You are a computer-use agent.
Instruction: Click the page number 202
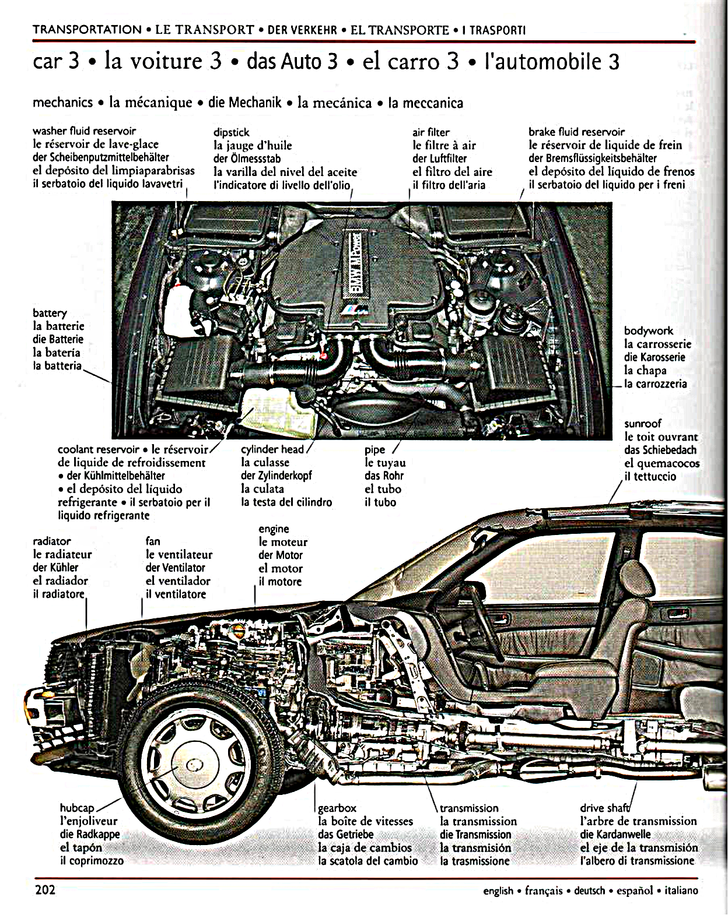tap(45, 890)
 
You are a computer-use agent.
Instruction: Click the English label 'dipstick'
tap(231, 132)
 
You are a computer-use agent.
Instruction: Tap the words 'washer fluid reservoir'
tap(84, 131)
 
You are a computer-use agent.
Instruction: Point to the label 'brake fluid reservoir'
tap(576, 132)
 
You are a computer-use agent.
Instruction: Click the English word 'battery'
tap(50, 313)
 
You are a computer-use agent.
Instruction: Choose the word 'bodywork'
tap(648, 330)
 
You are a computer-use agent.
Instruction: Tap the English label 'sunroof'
tap(643, 424)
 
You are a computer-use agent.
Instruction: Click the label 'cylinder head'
tap(272, 449)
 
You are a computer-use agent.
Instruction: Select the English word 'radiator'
tap(52, 541)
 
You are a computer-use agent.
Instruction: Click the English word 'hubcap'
tap(77, 808)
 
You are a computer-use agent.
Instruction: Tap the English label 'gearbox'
tap(337, 808)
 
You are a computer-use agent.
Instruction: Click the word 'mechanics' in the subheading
tap(62, 103)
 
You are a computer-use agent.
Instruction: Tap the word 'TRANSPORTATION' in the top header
tap(87, 30)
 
